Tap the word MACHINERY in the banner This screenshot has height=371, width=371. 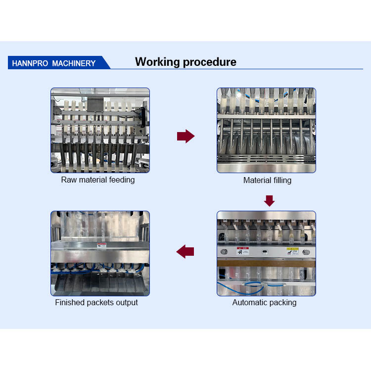click(x=74, y=63)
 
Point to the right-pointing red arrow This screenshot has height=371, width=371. click(x=185, y=137)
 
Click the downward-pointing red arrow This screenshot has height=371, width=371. click(x=269, y=201)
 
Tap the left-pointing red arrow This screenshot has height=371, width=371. click(x=185, y=251)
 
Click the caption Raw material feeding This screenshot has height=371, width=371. click(x=98, y=180)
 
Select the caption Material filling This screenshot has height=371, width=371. click(x=267, y=180)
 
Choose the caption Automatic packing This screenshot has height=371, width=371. click(x=265, y=302)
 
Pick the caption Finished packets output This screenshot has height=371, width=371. click(x=96, y=302)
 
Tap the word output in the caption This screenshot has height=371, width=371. click(x=126, y=302)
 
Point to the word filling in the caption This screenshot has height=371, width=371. click(x=281, y=180)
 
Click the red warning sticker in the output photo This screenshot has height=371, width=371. click(x=101, y=246)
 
